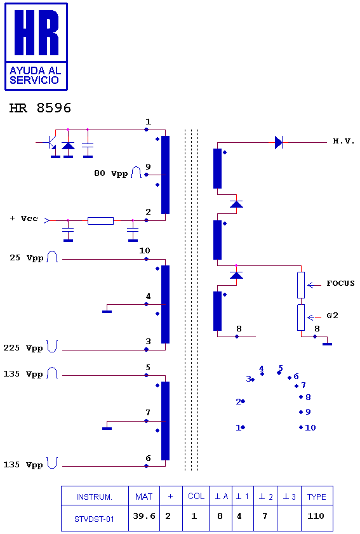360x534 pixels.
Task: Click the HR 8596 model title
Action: pos(40,108)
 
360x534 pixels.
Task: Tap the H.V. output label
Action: pos(343,141)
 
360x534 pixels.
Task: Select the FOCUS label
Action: pos(340,283)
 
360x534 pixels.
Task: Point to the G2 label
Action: pos(333,316)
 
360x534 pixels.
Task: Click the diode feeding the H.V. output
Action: pos(279,142)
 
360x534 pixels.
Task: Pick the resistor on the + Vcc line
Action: pos(100,221)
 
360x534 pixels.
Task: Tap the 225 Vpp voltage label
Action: pos(23,348)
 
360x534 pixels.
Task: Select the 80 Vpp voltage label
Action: pos(110,173)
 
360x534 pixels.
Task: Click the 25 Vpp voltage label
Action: pos(26,258)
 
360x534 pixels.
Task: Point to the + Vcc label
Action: pos(23,218)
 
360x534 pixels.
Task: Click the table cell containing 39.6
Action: pos(143,516)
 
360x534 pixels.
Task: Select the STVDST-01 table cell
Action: pos(95,519)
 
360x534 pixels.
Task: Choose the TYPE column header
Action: pos(317,497)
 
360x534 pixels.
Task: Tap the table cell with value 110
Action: pos(316,516)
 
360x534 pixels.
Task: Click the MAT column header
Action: pos(143,497)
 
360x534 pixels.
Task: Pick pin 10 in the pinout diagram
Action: pos(308,427)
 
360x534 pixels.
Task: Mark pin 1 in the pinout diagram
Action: pos(240,427)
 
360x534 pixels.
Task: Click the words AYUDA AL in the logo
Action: pos(35,70)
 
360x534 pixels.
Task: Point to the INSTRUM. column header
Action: pos(95,497)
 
